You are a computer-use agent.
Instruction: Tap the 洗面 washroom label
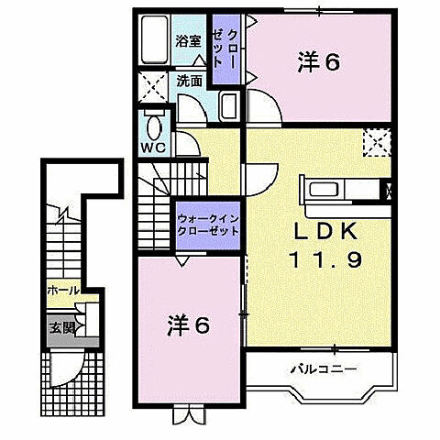coord(190,81)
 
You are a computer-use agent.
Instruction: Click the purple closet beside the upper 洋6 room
coord(225,50)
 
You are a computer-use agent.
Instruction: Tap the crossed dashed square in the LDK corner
coord(375,144)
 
